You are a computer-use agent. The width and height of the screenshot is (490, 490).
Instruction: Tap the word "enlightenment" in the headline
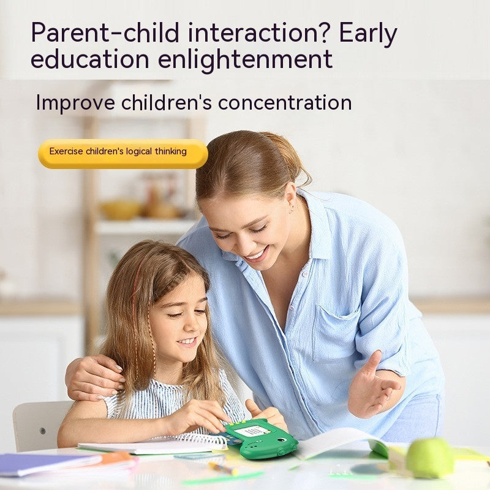[x=245, y=59]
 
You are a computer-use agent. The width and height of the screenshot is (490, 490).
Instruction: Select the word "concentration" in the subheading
[x=285, y=102]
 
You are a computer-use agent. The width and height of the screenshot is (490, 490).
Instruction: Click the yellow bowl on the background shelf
[x=121, y=209]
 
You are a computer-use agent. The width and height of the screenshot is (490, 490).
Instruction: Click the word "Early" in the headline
[x=368, y=33]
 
